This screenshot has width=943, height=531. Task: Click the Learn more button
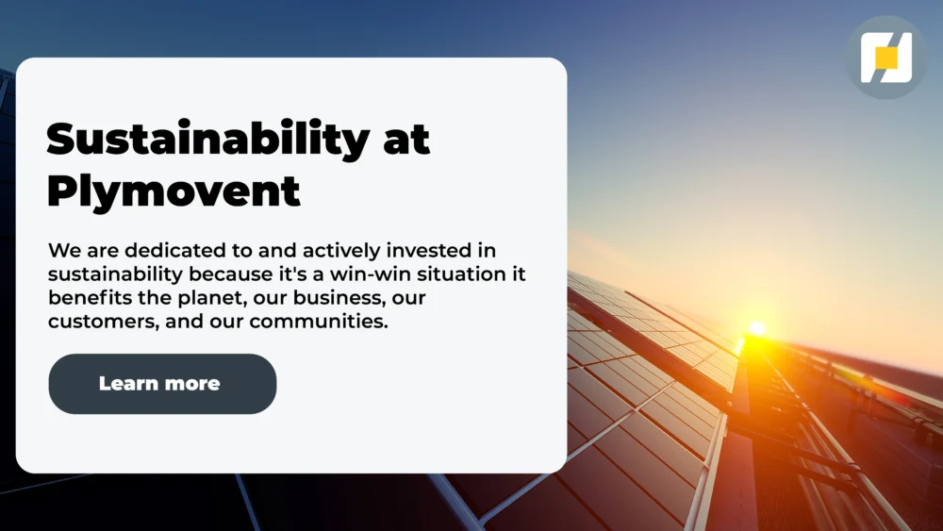[162, 384]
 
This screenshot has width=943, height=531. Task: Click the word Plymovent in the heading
[174, 191]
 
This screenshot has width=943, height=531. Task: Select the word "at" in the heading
[406, 140]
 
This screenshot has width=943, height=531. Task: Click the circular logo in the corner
[886, 58]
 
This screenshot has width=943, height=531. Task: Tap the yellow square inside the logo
[886, 58]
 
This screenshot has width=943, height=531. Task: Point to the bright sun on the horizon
[756, 328]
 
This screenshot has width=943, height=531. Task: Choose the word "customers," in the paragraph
[91, 322]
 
